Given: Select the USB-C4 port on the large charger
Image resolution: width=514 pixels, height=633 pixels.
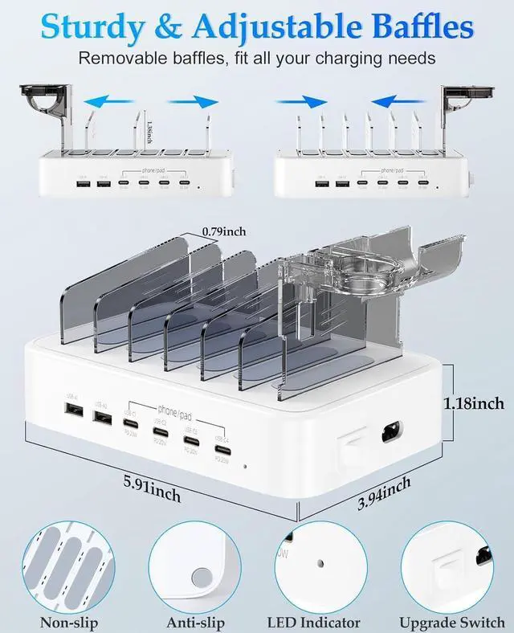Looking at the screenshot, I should pyautogui.click(x=222, y=451).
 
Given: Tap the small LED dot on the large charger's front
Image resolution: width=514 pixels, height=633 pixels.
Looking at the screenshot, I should pyautogui.click(x=246, y=465).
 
